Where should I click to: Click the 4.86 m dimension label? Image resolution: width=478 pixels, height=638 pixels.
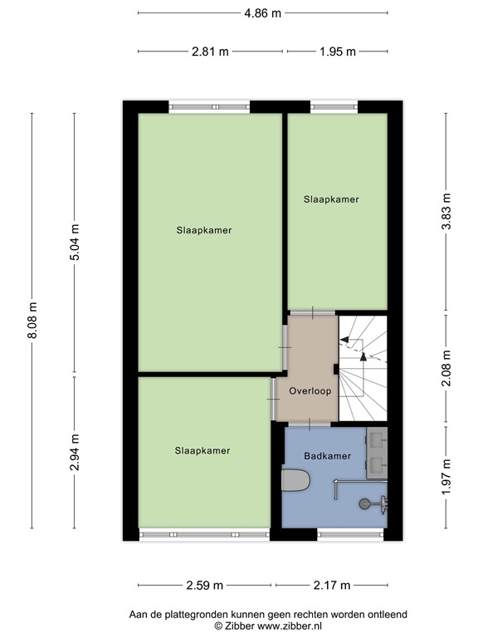click(262, 13)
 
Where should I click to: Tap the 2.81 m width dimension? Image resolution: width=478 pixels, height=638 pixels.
click(210, 52)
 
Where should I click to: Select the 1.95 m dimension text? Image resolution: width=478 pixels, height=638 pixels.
click(337, 52)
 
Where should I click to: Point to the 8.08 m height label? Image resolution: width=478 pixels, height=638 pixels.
click(33, 320)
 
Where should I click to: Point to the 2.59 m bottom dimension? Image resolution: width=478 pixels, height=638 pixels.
click(204, 585)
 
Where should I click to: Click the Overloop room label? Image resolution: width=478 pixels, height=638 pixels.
click(310, 390)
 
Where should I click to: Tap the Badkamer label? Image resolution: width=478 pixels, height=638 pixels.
click(327, 456)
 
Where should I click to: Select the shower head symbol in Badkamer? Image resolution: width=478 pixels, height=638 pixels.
click(367, 503)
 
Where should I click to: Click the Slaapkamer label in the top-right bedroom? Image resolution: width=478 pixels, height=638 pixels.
click(331, 199)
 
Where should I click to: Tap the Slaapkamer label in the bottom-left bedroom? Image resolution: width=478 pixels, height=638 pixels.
click(202, 450)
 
